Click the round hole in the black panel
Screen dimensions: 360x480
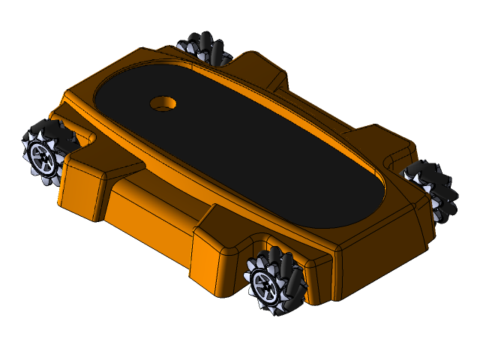[162, 103]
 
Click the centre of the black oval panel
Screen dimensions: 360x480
[240, 142]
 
